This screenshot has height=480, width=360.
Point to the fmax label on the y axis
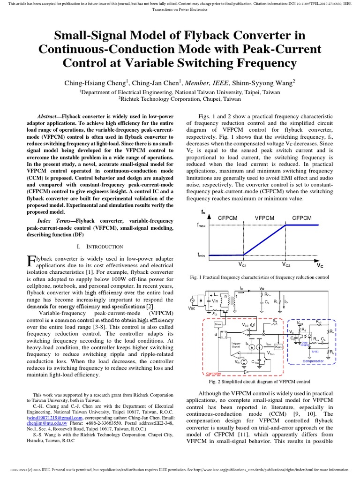pos(201,225)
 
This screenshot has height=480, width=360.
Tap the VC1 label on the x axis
pos(242,265)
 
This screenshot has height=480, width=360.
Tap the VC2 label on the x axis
pos(286,265)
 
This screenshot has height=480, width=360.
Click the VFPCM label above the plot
pos(265,218)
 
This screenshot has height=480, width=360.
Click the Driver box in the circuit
pos(217,324)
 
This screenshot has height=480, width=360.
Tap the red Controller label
pos(213,374)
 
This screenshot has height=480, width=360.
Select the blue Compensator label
pos(313,361)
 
